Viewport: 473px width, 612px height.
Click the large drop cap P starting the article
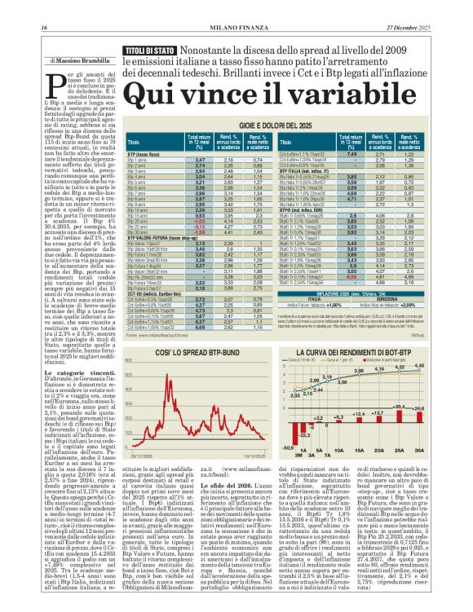56,84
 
